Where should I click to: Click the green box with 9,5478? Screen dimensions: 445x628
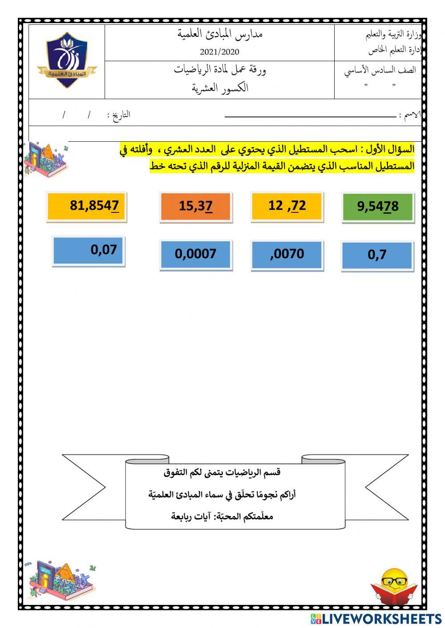click(378, 207)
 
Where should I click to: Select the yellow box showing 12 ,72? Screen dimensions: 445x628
click(287, 206)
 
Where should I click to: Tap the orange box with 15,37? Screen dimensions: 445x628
click(195, 206)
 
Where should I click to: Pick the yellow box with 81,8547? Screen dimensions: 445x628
click(86, 205)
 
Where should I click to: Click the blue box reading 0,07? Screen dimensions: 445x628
click(88, 251)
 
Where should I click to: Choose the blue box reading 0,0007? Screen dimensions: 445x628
click(195, 254)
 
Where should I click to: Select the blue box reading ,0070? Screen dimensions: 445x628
click(287, 255)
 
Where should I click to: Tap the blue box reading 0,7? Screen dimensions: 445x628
click(377, 255)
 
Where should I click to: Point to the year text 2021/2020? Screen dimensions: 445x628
click(219, 52)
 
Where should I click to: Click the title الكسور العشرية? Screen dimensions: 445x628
click(220, 88)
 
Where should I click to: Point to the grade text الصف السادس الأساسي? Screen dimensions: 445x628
click(380, 71)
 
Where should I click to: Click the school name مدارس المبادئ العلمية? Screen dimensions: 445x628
click(220, 34)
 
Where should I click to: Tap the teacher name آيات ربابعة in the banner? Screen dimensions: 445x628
click(192, 516)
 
